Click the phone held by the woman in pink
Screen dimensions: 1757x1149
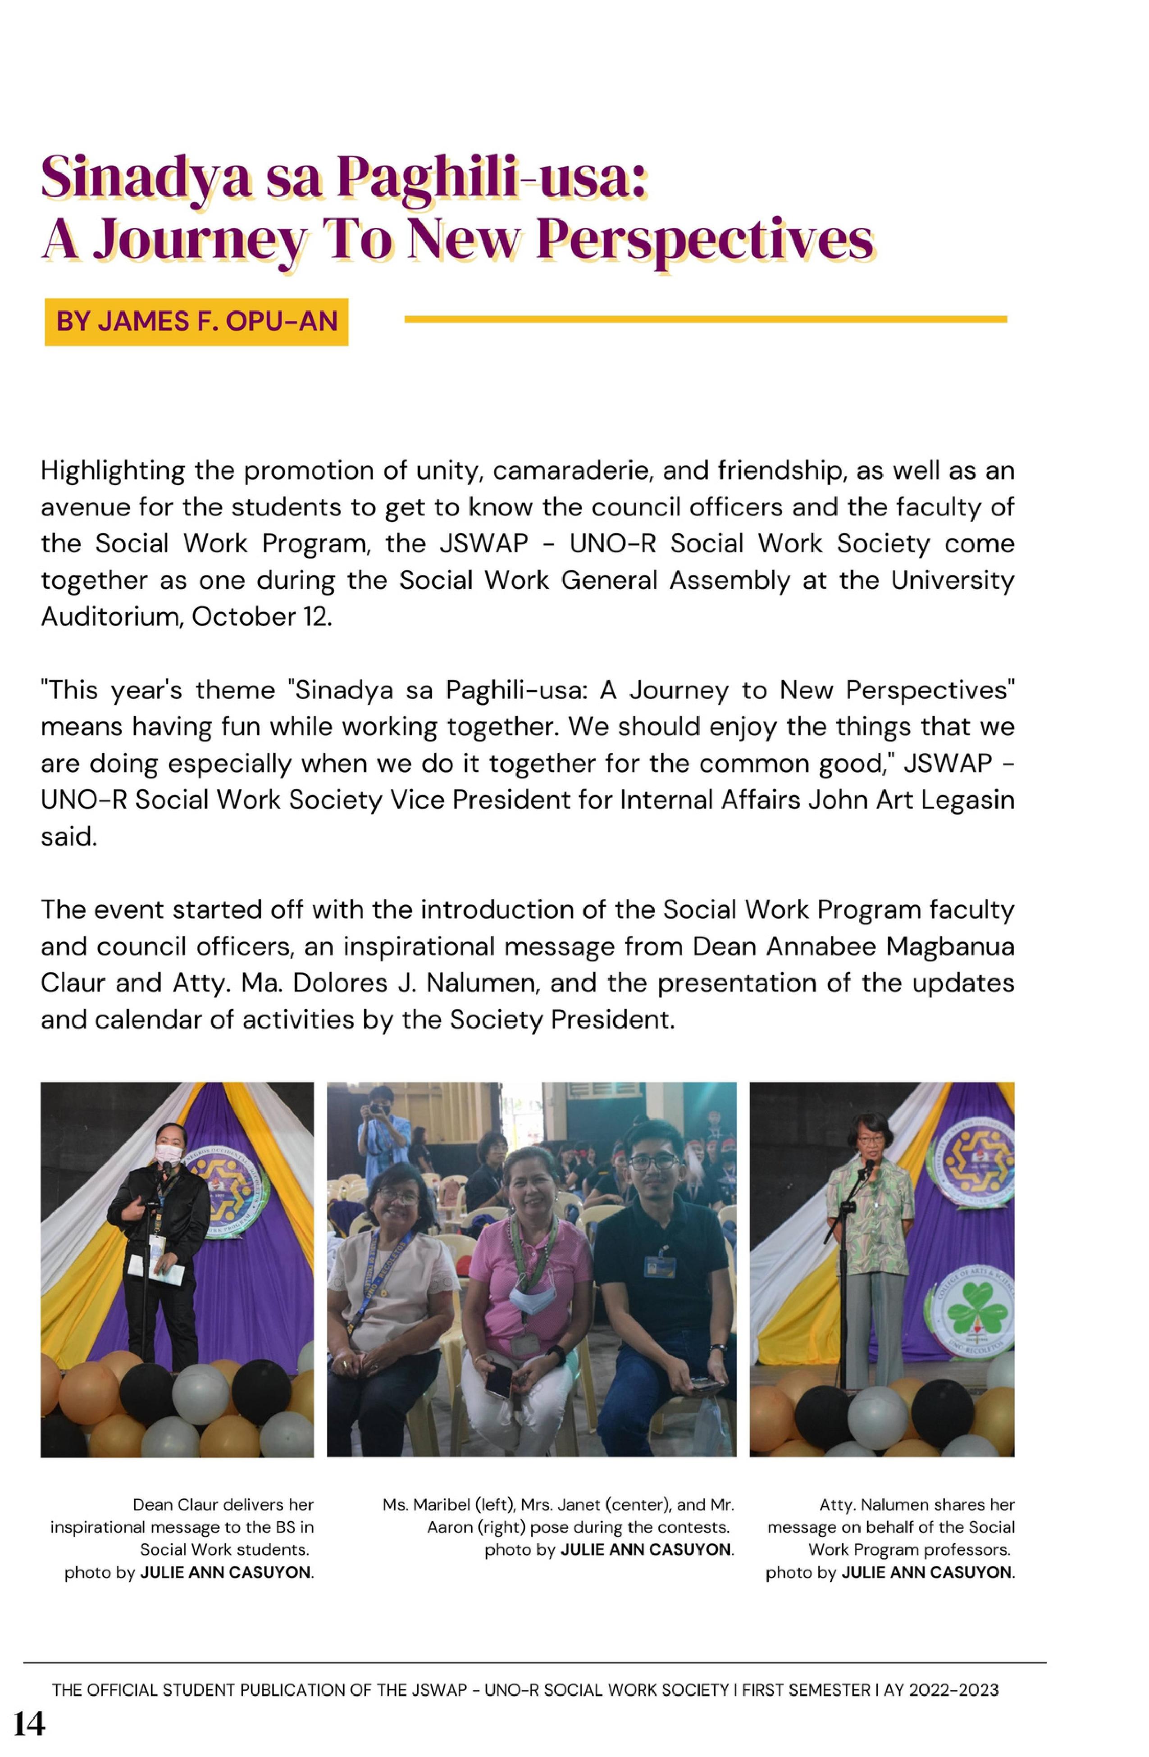tap(498, 1379)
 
